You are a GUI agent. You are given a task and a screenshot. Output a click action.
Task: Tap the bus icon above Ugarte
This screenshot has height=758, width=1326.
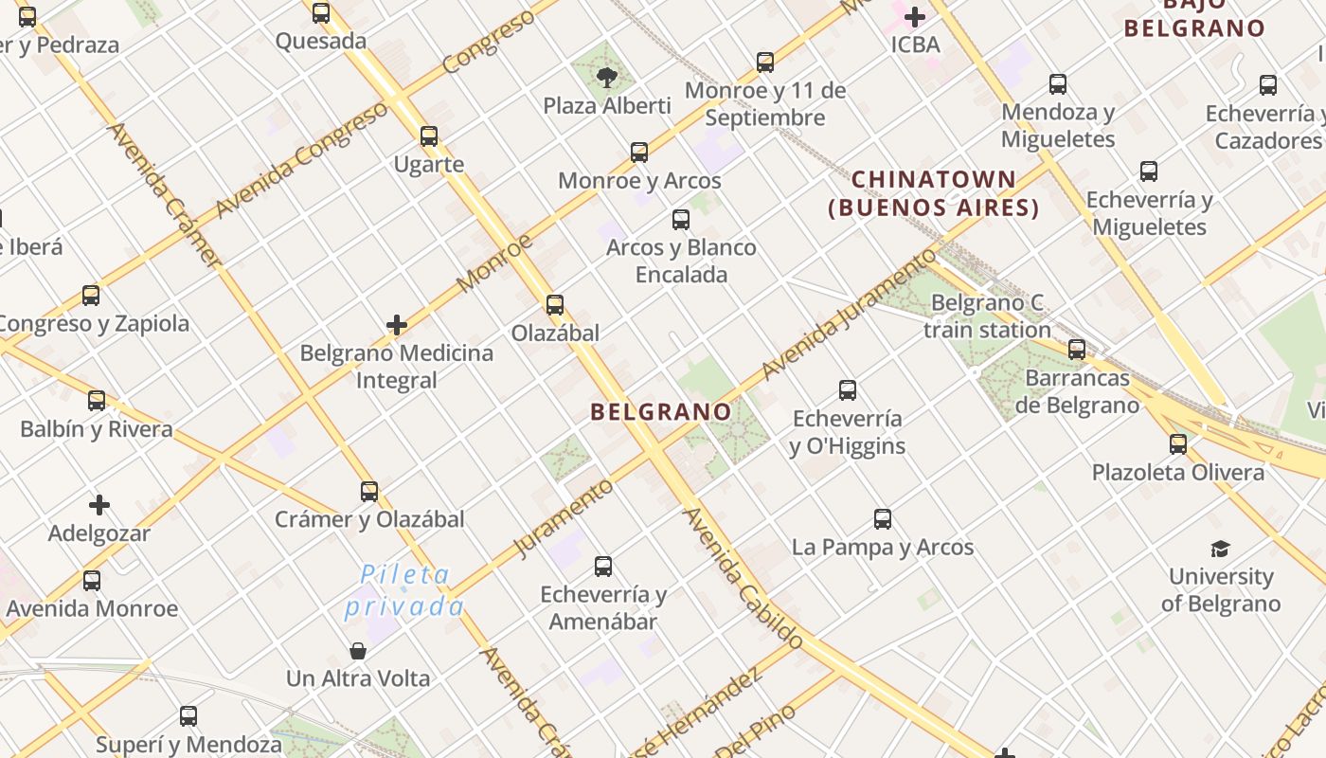coord(429,136)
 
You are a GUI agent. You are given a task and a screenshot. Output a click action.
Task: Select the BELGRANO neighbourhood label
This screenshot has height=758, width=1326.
coord(660,412)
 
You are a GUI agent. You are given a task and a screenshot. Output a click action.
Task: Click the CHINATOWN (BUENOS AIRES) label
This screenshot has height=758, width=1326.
coord(933,193)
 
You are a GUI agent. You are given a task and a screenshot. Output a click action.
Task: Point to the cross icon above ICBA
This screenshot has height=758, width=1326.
coord(915,17)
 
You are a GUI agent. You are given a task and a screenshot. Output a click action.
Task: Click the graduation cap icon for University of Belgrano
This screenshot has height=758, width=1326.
coord(1220,549)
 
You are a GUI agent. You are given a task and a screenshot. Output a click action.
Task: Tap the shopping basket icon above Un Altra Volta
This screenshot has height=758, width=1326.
coord(358,651)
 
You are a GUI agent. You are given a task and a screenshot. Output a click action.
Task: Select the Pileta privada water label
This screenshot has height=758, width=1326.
coord(404,590)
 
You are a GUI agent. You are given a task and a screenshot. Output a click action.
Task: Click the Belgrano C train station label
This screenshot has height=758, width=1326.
coord(987,316)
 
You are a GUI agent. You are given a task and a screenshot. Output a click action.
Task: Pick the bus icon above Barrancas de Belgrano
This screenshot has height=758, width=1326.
coord(1077,350)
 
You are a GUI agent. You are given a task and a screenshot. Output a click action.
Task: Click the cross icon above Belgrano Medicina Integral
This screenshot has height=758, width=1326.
coord(397,326)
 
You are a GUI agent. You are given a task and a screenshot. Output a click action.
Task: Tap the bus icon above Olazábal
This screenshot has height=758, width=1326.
coord(555,305)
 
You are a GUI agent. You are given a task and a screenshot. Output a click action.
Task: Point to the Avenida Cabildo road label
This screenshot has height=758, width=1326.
coord(744,578)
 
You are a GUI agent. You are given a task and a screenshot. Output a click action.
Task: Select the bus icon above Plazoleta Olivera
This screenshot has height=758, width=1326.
coord(1178,444)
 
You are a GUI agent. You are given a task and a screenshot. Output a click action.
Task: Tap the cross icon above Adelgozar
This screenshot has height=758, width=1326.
coord(99,505)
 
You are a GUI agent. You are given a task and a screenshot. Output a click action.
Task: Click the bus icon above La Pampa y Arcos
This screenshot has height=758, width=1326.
coord(883,519)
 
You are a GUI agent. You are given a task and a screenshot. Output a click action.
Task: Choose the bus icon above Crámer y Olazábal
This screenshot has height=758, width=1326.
coord(369,492)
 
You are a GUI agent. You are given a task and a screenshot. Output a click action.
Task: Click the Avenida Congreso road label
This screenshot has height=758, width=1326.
coord(301,161)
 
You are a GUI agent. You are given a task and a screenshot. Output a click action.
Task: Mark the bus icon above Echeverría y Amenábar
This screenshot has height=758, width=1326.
coord(603,567)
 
